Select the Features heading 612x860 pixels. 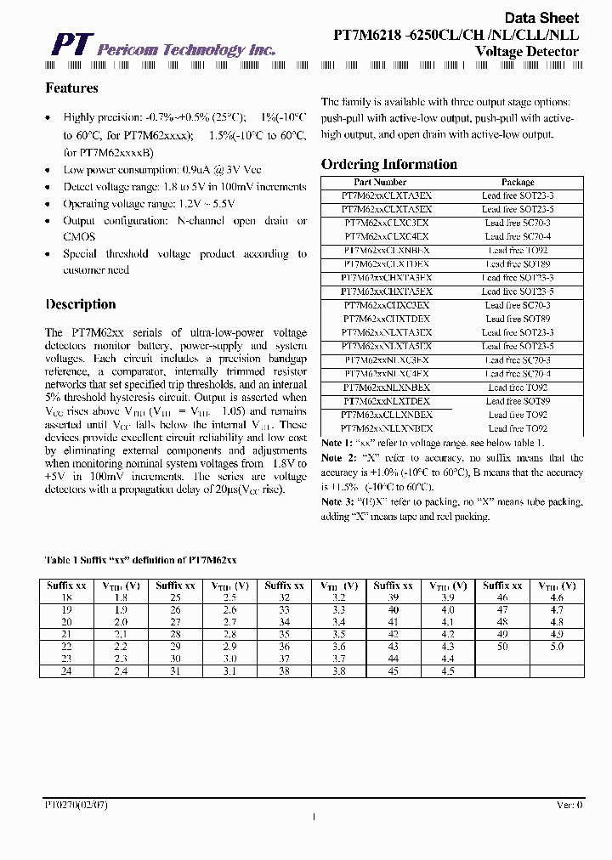click(71, 88)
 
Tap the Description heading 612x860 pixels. click(81, 304)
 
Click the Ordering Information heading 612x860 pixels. click(388, 165)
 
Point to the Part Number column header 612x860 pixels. click(379, 182)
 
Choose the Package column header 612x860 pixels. click(518, 182)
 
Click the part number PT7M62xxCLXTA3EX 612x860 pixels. click(387, 195)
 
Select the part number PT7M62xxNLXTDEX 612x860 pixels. click(387, 401)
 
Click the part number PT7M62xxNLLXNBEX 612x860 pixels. click(387, 428)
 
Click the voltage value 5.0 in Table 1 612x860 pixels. click(556, 647)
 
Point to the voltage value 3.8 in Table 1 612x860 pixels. click(339, 671)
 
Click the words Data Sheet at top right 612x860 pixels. click(541, 18)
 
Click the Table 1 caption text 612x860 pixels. click(140, 560)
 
